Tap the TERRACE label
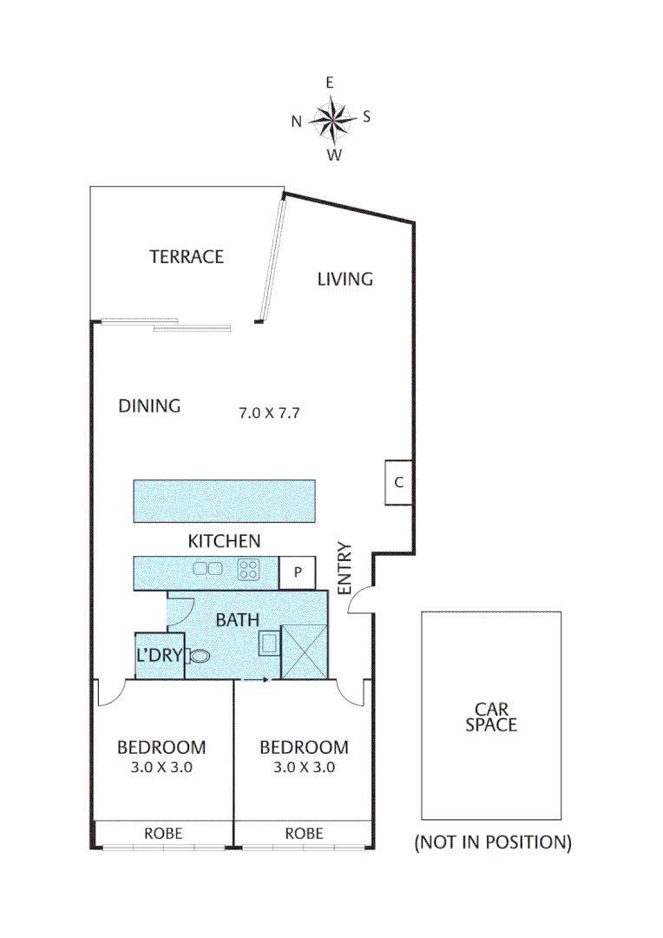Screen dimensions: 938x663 coord(187,257)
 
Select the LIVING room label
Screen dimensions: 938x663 coord(345,279)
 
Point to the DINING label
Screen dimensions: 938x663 coord(149,406)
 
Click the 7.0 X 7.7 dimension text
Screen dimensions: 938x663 coord(269,413)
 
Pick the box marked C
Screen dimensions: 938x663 coord(398,483)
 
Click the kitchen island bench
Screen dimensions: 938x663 coord(224,500)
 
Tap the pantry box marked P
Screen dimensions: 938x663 coord(297,573)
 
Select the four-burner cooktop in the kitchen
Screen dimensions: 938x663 coord(250,571)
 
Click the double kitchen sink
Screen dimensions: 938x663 coord(207,570)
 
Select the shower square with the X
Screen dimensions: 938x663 coord(305,651)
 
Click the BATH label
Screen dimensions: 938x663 coord(237,620)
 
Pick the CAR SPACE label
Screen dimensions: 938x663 coord(490,717)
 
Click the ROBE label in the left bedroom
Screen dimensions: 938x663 coord(163,834)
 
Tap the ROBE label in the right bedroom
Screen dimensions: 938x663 coord(304,834)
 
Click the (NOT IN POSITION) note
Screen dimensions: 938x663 coord(493,842)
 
